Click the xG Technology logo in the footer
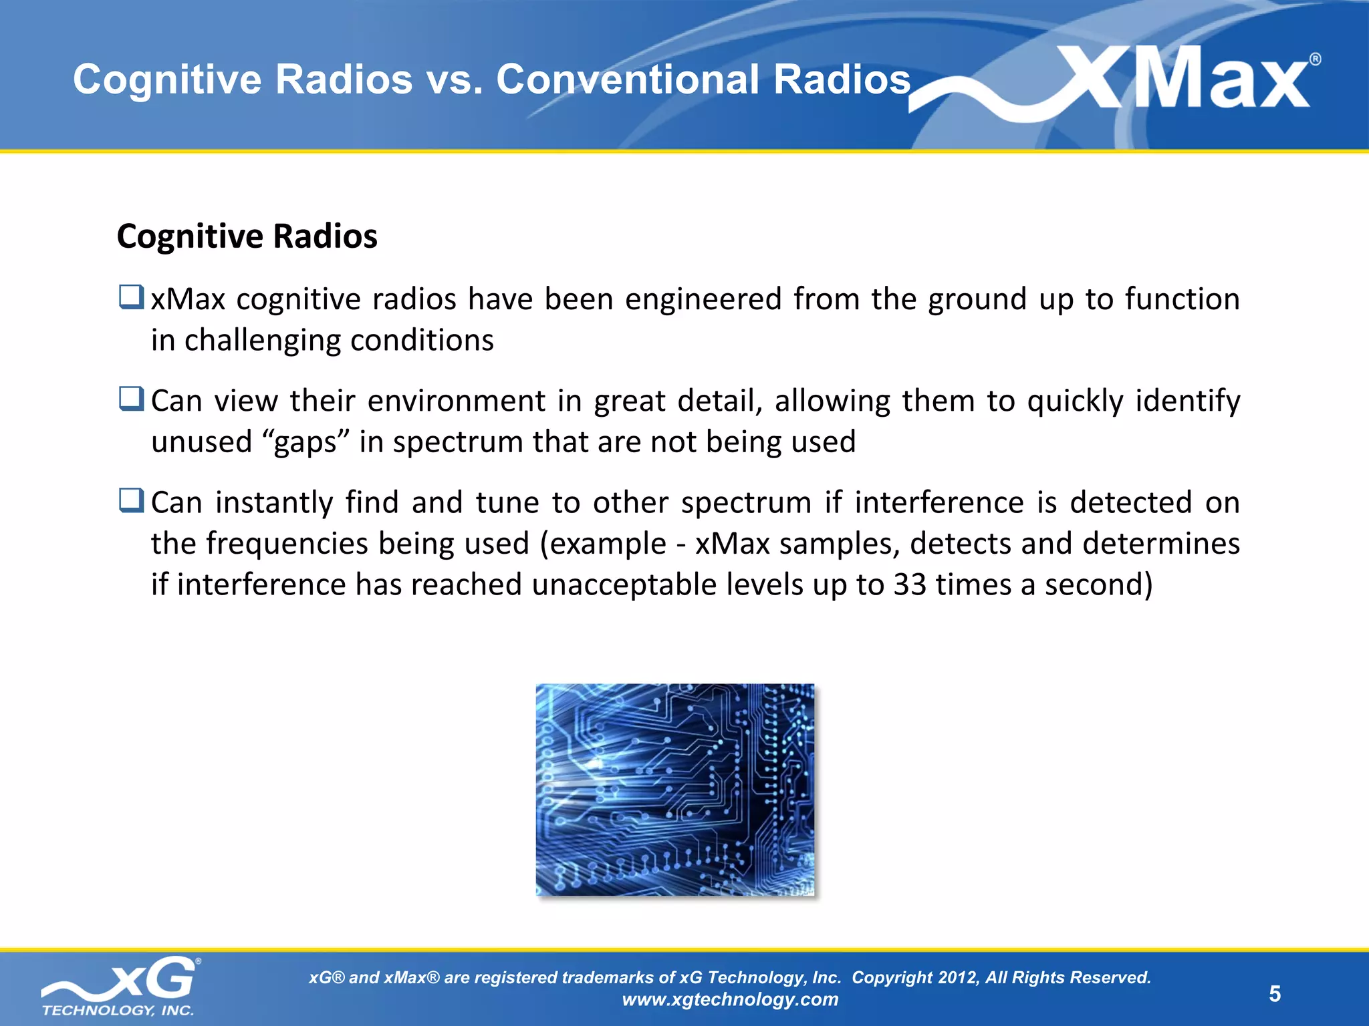(120, 986)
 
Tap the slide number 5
(1275, 994)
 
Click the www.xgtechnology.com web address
(730, 999)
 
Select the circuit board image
(675, 790)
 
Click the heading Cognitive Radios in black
(247, 236)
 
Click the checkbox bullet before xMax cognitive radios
(131, 297)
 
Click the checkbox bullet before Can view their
(131, 399)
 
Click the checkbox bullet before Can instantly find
(131, 500)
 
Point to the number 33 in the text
(910, 585)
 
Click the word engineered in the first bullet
(703, 299)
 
